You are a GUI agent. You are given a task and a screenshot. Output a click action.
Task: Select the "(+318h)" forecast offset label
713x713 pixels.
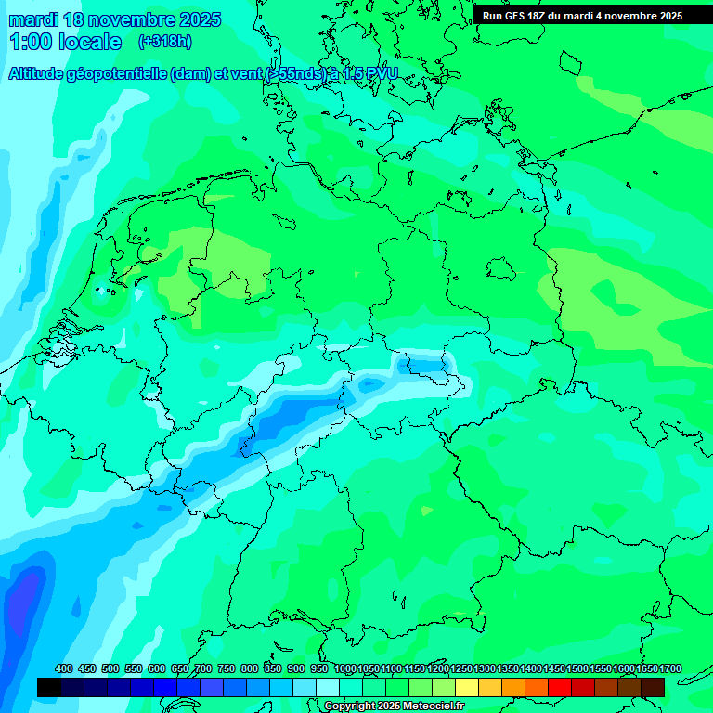click(165, 41)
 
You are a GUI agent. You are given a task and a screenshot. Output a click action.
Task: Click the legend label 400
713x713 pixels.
click(64, 668)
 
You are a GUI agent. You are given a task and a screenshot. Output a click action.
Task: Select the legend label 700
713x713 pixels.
click(203, 668)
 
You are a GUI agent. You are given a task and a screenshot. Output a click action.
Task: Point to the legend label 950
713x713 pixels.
click(319, 668)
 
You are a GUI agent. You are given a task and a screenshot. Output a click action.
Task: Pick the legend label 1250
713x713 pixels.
click(461, 668)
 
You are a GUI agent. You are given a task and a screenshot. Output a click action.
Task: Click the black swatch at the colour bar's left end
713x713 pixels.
click(49, 687)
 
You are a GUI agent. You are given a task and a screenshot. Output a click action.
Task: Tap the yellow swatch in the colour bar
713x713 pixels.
click(467, 687)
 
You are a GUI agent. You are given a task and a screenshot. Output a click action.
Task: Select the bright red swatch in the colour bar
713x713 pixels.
click(560, 687)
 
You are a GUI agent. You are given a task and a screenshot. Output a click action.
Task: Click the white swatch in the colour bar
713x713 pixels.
click(328, 687)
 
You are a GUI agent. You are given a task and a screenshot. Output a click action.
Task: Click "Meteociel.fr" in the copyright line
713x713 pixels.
click(428, 707)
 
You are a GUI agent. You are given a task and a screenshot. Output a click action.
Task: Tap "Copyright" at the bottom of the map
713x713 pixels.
click(350, 707)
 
